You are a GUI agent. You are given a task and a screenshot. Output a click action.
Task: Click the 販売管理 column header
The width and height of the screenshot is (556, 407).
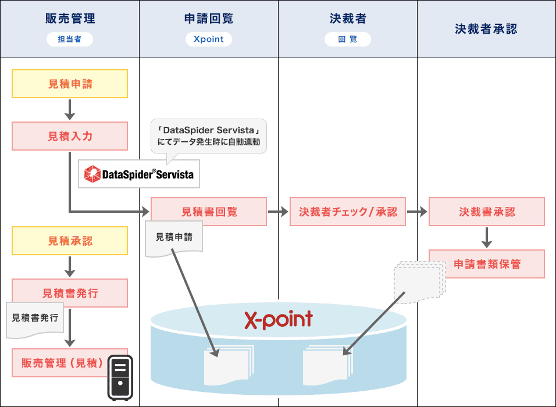70,19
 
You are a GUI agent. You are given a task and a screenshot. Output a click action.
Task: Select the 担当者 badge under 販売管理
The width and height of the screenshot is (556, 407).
70,40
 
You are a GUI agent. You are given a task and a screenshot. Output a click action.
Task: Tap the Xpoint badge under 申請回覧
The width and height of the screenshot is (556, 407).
209,40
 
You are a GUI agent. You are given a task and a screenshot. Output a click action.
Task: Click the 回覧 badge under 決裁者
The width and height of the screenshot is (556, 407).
348,40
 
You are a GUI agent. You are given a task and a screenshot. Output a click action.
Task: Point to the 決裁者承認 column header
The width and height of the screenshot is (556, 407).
486,28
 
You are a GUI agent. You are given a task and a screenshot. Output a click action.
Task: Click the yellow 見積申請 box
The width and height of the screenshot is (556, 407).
70,84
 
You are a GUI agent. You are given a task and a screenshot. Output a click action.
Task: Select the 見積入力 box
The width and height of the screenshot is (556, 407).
70,136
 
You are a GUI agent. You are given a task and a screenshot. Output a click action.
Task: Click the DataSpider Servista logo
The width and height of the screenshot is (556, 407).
139,174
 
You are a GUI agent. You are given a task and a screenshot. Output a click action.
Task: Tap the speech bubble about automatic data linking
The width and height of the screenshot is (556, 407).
209,136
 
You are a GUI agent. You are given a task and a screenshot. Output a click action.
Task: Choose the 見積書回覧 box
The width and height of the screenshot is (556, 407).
209,212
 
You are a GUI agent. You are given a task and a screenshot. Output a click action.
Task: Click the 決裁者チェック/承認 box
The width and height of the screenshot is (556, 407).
348,212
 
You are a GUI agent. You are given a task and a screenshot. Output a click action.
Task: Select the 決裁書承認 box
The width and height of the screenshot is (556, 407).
487,212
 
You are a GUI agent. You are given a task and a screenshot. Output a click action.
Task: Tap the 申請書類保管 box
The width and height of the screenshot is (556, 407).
487,264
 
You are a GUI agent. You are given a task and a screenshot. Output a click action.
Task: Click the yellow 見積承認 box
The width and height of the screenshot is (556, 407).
70,241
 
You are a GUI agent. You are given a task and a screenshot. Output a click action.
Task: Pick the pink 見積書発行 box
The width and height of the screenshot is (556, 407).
70,293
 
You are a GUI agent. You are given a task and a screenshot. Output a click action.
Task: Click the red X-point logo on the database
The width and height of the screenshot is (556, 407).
278,319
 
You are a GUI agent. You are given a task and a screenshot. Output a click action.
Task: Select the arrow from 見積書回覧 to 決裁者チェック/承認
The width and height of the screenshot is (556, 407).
278,212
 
